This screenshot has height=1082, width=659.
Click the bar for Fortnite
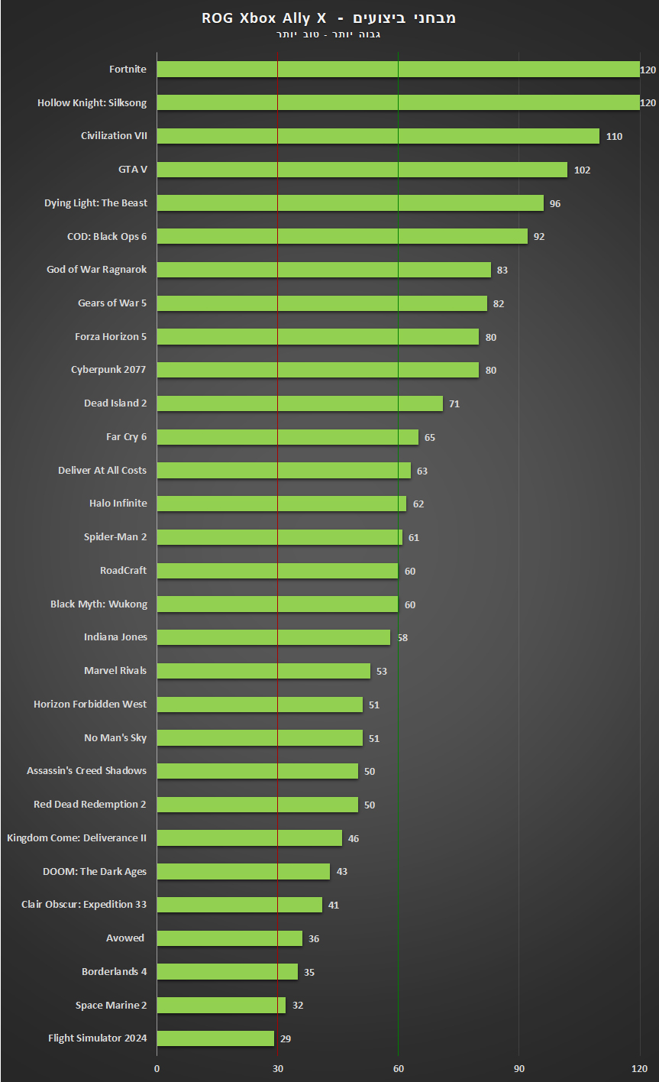coord(398,70)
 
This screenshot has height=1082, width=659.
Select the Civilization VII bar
coord(378,136)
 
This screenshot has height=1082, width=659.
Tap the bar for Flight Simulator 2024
coord(215,1038)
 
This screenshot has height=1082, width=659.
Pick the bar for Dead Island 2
coord(299,403)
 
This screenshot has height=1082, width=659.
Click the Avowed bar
coord(229,938)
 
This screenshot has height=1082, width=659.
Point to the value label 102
coord(582,170)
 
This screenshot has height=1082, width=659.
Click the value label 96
coord(555,203)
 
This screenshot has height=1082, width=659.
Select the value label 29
coord(286,1038)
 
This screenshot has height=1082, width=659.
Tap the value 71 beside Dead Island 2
coord(454,403)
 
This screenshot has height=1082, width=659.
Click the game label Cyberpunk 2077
coord(108,370)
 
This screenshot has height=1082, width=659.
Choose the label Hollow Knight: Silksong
coord(92,102)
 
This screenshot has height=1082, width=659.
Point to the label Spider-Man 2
coord(115,537)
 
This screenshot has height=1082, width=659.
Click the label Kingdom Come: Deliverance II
coord(76,838)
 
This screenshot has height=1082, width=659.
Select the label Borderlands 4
coord(115,972)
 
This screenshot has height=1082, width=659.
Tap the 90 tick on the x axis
coord(519,1067)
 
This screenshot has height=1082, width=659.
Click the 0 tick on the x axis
coord(157,1067)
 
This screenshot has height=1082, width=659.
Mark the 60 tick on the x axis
coord(398,1067)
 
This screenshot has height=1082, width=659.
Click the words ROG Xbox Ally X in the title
coord(264,18)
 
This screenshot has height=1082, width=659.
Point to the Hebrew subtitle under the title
coord(328,34)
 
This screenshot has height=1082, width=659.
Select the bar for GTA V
coord(362,170)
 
